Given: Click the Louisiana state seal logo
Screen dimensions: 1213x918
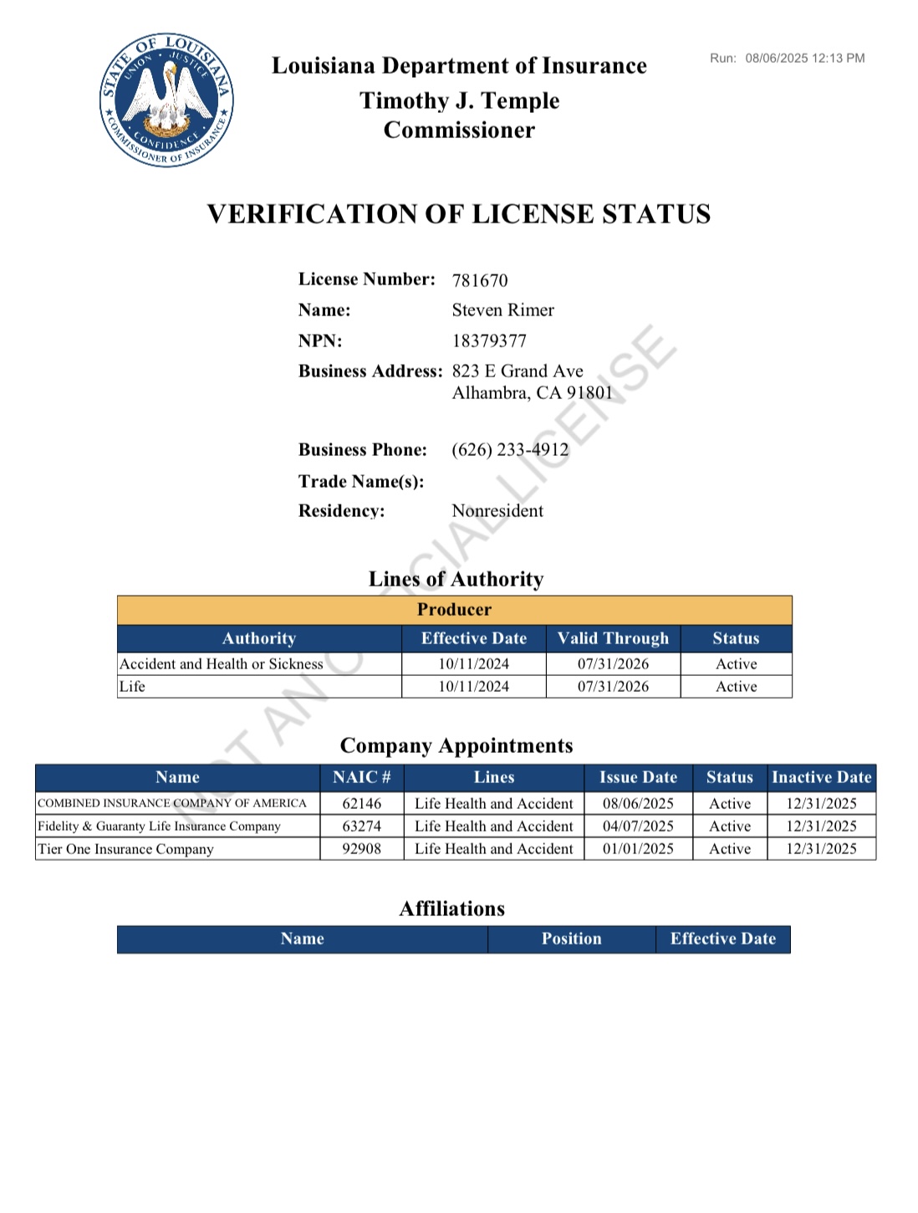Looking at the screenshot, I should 166,100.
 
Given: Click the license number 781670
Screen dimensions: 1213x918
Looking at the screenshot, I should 480,280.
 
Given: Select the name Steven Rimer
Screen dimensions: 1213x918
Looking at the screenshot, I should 502,310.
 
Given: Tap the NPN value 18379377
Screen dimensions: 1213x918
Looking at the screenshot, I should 489,341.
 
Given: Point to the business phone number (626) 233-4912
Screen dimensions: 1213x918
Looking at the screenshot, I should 510,450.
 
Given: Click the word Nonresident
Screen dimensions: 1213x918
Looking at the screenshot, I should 497,511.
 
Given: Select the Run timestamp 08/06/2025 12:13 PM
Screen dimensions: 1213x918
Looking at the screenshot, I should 804,59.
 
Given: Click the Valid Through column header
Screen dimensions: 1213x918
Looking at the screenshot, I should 613,638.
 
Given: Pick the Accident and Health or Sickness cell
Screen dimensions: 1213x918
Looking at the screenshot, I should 222,664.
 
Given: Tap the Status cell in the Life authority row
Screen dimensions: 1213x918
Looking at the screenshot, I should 736,687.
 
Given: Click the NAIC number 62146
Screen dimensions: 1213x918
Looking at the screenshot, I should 361,804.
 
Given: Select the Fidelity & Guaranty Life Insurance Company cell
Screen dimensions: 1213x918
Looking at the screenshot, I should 159,827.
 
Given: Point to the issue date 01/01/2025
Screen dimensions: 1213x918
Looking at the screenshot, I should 638,849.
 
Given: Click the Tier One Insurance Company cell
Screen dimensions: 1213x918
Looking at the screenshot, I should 125,849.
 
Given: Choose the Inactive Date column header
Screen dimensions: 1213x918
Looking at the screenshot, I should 821,777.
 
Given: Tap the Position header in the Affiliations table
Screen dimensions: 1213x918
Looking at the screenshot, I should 571,939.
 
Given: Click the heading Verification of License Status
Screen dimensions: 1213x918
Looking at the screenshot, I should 459,214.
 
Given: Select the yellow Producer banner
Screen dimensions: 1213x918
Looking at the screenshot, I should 454,610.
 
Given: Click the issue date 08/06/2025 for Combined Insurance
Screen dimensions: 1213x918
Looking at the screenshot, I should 638,804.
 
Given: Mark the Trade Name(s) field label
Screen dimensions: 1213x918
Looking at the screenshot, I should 361,482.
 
